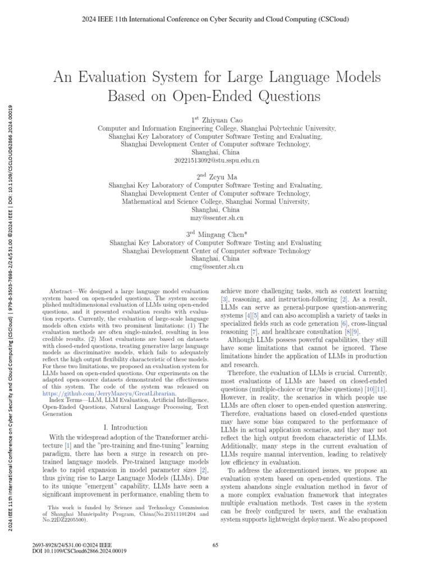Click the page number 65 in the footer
pos(215,544)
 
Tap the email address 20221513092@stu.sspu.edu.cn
pos(215,160)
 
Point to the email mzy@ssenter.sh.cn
pos(215,217)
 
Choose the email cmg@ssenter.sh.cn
pos(215,267)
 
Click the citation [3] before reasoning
pos(224,302)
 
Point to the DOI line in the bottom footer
pos(80,551)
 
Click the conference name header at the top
pos(215,19)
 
